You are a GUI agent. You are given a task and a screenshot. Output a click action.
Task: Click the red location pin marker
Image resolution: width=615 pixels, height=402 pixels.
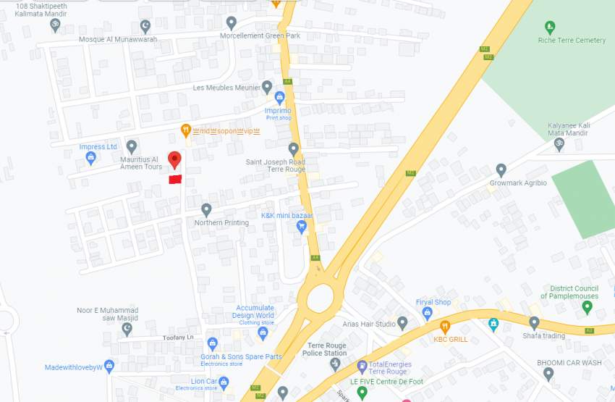(174, 159)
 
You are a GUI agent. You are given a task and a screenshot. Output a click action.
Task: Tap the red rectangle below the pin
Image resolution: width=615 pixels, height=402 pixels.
(174, 179)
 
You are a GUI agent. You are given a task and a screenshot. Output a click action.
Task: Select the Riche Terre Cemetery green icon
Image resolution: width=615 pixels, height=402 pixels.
(550, 28)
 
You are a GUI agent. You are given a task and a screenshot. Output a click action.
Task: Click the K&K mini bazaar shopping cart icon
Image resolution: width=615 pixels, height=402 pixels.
(302, 227)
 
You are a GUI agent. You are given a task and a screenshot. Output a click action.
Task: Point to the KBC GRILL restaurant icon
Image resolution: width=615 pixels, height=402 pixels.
(444, 327)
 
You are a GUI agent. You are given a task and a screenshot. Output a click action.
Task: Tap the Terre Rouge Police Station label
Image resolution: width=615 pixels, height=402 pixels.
(326, 349)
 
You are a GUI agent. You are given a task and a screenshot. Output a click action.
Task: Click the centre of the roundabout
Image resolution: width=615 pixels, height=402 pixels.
(320, 298)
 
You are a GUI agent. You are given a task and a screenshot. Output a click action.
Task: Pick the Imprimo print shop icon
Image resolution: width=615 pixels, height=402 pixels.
(279, 98)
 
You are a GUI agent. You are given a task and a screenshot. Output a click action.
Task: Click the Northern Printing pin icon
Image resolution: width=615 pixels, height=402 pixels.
(206, 210)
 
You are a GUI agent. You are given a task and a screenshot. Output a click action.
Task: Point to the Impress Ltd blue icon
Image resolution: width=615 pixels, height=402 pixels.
(90, 158)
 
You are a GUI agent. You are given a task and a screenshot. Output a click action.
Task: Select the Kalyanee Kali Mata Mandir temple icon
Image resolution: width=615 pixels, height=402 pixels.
(559, 144)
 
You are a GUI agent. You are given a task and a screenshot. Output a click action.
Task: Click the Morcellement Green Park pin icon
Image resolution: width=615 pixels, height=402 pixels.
(232, 23)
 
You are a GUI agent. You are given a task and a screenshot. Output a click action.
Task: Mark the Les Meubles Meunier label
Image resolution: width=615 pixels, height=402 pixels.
(226, 88)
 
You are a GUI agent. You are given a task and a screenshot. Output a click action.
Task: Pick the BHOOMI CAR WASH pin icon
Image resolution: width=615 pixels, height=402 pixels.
(548, 374)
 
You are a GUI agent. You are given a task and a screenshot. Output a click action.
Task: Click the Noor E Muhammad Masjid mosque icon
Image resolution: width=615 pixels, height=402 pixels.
(127, 329)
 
